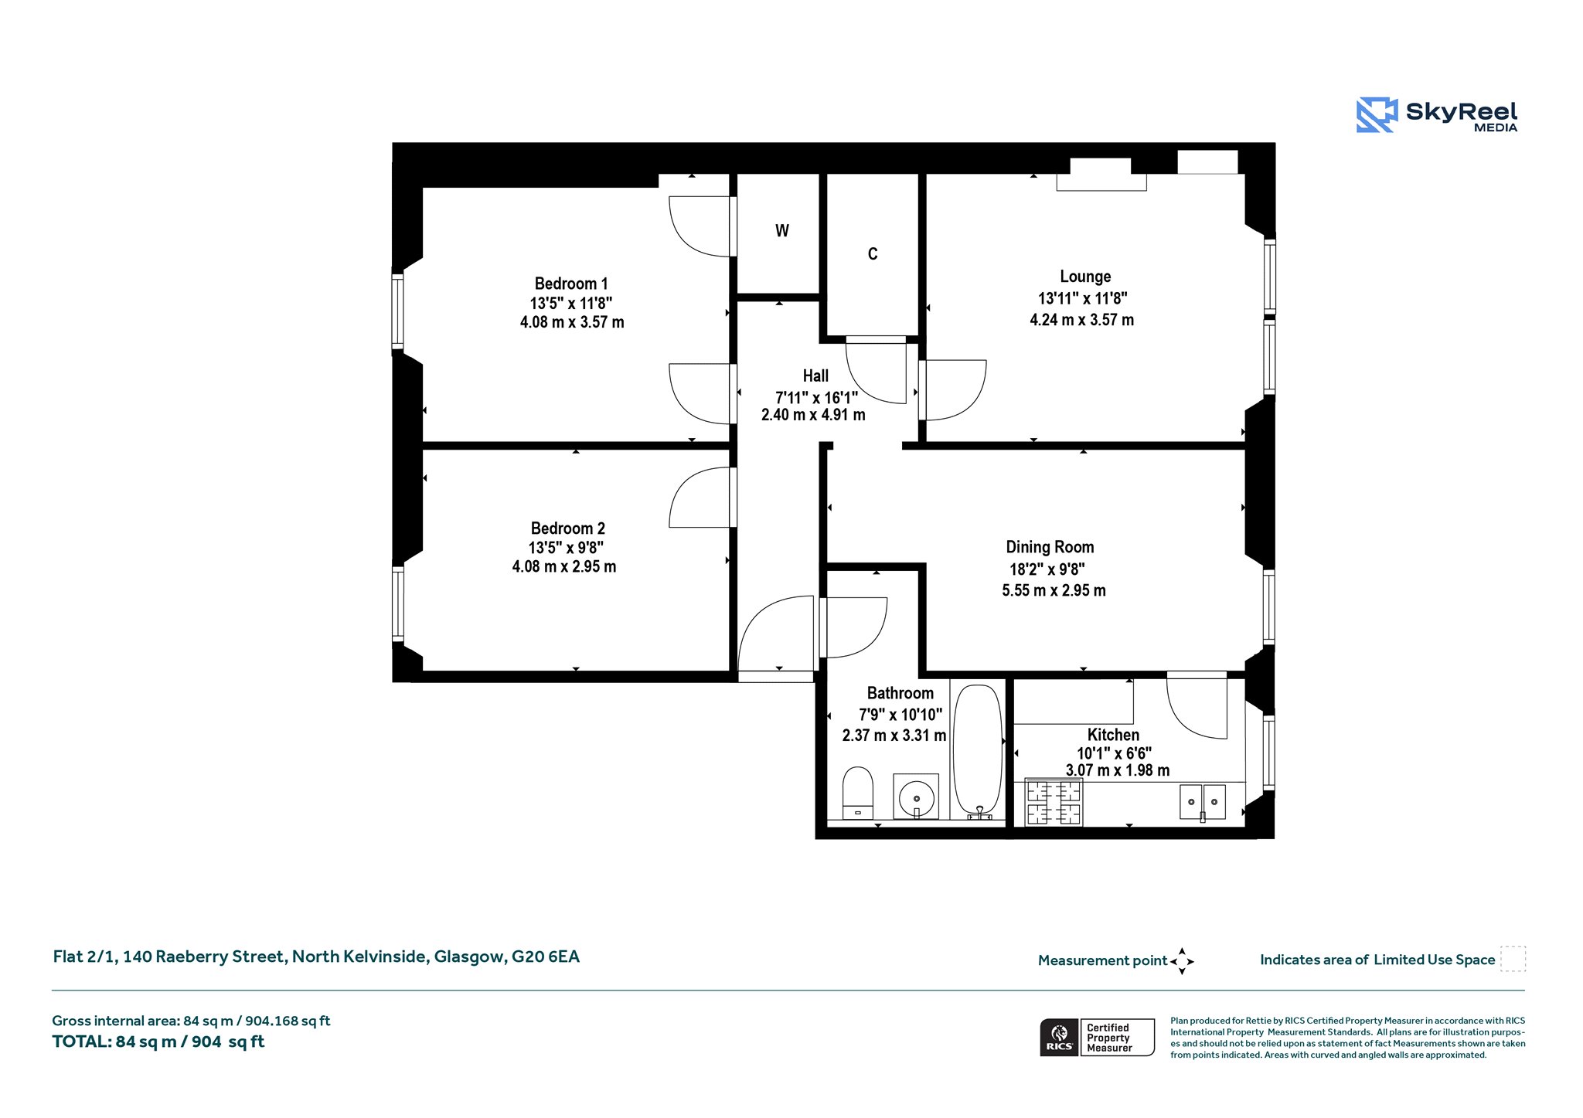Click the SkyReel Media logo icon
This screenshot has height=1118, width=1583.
point(1377,114)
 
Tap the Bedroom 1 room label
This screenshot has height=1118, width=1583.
point(571,284)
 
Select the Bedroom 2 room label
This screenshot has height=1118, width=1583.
point(567,528)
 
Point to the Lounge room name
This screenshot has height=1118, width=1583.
point(1085,277)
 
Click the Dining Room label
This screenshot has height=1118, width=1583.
point(1050,547)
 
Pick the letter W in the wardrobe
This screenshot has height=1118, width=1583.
point(782,230)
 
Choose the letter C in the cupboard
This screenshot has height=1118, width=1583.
point(873,254)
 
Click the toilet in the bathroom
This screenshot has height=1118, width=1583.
point(857,792)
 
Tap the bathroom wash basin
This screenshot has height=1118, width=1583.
point(916,796)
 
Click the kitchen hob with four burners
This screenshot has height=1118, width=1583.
point(1053,801)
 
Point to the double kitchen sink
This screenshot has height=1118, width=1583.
point(1203,802)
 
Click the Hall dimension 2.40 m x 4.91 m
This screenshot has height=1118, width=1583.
point(813,415)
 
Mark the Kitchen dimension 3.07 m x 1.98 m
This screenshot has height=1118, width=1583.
point(1117,770)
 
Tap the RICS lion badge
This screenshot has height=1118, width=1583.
point(1060,1037)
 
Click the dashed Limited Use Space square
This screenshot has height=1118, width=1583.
point(1513,959)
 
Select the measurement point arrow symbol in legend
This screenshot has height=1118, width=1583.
point(1182,961)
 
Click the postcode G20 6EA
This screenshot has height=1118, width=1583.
point(545,957)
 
